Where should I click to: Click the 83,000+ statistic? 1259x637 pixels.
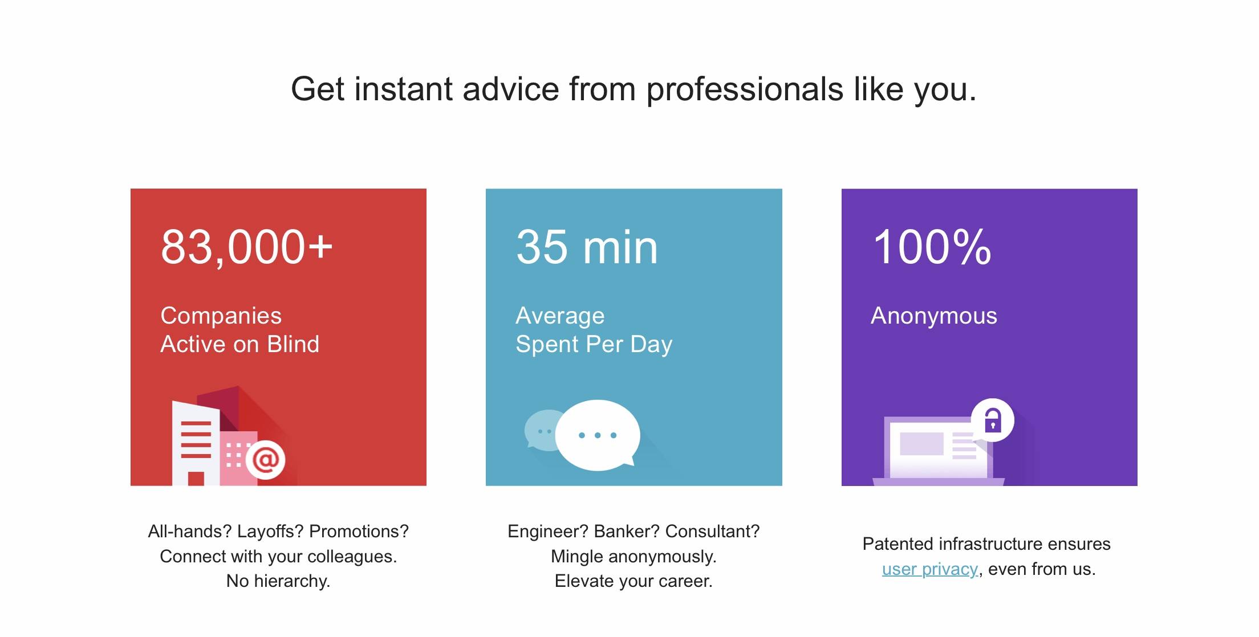pyautogui.click(x=246, y=247)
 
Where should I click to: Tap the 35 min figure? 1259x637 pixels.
pyautogui.click(x=587, y=247)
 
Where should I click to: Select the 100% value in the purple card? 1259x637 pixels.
pyautogui.click(x=932, y=247)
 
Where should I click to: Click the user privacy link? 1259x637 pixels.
pyautogui.click(x=930, y=569)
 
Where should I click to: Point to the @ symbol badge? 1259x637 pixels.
pyautogui.click(x=266, y=459)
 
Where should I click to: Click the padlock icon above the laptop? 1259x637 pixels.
pyautogui.click(x=993, y=420)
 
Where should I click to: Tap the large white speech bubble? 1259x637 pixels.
pyautogui.click(x=598, y=435)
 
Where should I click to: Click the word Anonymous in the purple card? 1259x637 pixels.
pyautogui.click(x=934, y=316)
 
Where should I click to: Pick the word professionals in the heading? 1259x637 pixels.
pyautogui.click(x=745, y=89)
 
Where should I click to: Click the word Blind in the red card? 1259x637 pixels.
pyautogui.click(x=293, y=344)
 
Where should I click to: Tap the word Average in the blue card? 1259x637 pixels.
pyautogui.click(x=560, y=316)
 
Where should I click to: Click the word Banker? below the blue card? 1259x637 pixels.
pyautogui.click(x=627, y=532)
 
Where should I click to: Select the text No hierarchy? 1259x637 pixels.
pyautogui.click(x=278, y=581)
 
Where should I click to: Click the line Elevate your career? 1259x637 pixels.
pyautogui.click(x=633, y=581)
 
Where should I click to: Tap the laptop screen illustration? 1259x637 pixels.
pyautogui.click(x=939, y=447)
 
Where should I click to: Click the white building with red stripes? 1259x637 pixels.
pyautogui.click(x=196, y=443)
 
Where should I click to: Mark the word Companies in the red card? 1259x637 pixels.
pyautogui.click(x=221, y=316)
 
